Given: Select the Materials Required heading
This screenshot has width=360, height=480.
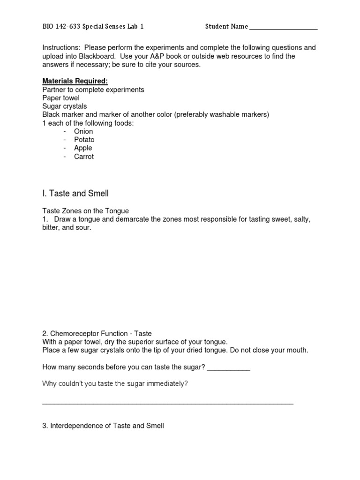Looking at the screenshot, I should click(x=75, y=81).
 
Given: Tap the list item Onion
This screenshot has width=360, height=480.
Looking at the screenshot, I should click(x=83, y=131).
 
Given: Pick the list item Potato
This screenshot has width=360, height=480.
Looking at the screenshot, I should click(x=84, y=140).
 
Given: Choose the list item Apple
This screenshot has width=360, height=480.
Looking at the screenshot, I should click(x=83, y=148).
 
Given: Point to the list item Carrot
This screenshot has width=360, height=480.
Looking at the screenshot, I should click(x=84, y=157).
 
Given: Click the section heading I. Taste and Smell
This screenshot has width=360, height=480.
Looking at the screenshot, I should click(x=75, y=193).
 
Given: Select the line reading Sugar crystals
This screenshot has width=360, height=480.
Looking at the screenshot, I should click(x=64, y=106).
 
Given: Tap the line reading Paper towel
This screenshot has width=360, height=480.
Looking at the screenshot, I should click(x=61, y=97).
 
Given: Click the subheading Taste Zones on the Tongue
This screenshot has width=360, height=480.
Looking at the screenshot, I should click(x=85, y=211).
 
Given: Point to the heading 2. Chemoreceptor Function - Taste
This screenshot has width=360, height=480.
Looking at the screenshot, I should click(x=97, y=334).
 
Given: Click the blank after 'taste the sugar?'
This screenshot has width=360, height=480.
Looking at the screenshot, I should click(x=228, y=368).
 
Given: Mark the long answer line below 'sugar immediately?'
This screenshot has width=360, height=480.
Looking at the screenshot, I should click(x=167, y=403).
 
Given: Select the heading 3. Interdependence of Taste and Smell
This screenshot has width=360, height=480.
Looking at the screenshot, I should click(x=103, y=426).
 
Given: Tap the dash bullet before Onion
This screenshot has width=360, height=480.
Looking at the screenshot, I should click(x=65, y=131).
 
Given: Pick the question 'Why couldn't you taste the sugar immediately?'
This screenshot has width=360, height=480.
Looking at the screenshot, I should click(x=115, y=384).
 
